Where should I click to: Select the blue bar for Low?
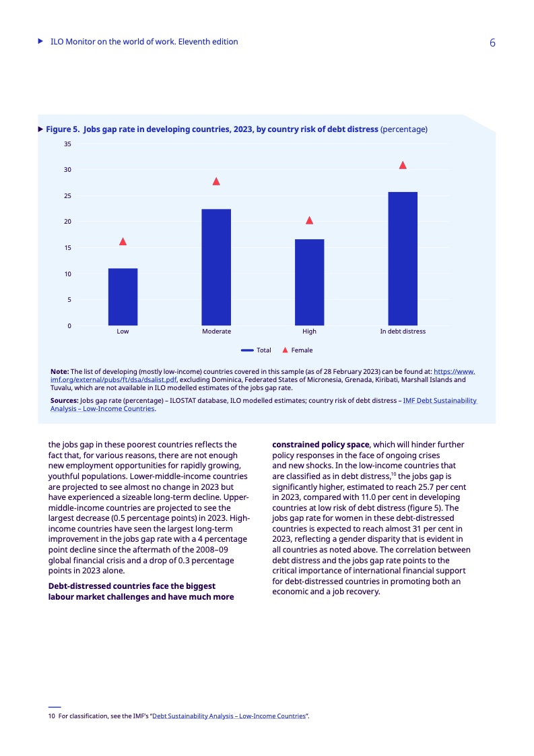click(123, 297)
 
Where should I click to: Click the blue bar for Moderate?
click(216, 267)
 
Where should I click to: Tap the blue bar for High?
click(309, 282)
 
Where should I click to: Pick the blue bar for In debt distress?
click(403, 259)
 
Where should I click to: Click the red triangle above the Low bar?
click(123, 241)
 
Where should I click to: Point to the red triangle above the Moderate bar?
click(216, 181)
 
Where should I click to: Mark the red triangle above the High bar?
click(309, 220)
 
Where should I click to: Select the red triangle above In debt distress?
click(403, 165)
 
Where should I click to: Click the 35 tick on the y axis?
click(67, 144)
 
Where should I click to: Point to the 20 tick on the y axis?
click(67, 222)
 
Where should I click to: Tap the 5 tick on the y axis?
click(69, 300)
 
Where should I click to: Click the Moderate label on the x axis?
click(216, 332)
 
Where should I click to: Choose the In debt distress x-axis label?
click(403, 332)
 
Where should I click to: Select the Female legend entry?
click(297, 350)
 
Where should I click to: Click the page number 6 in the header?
click(492, 42)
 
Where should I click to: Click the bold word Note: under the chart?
click(60, 371)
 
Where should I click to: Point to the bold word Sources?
click(65, 400)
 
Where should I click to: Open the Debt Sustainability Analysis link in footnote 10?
click(229, 716)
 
